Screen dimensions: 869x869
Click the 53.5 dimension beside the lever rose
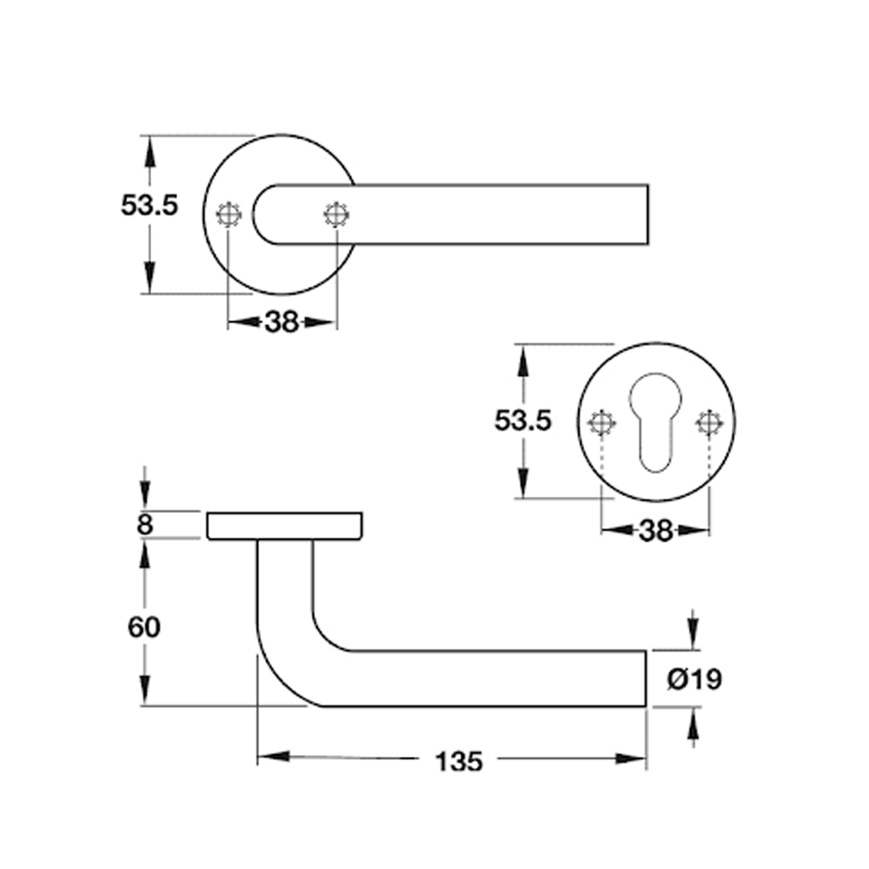(149, 206)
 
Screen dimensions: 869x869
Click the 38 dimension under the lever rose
(281, 322)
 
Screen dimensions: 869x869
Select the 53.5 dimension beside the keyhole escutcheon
(523, 421)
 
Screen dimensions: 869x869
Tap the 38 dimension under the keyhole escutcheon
(656, 529)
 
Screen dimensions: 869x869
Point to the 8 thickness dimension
(145, 525)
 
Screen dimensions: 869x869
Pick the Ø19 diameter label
(694, 679)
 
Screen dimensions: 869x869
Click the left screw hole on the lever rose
(229, 214)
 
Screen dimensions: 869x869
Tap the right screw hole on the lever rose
(335, 214)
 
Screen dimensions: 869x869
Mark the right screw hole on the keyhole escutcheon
(709, 423)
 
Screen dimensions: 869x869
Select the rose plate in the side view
(284, 526)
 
